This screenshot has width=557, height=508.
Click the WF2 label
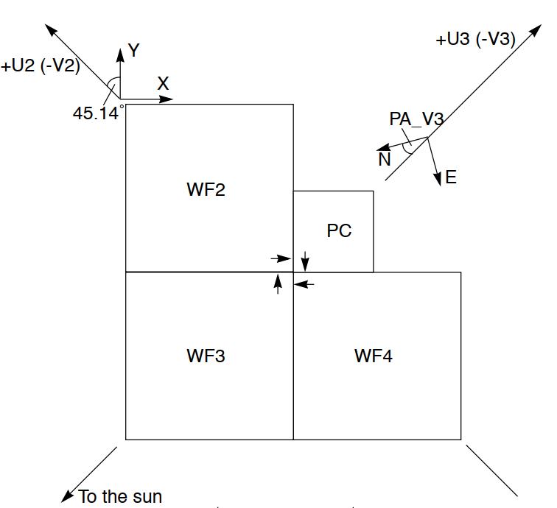point(206,190)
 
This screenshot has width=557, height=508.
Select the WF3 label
point(206,356)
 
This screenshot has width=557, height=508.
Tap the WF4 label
point(374,356)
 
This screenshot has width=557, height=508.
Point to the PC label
point(339,231)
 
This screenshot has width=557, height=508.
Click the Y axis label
point(133,51)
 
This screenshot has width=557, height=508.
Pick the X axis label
point(163,84)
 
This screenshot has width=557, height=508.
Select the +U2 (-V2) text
point(41,66)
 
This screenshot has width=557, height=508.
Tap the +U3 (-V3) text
point(476,39)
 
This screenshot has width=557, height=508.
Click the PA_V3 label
point(416,119)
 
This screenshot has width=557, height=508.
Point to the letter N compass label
point(385,159)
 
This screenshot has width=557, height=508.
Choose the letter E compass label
point(451,177)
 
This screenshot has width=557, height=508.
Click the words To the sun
point(120,497)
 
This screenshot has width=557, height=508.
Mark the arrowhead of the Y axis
point(119,51)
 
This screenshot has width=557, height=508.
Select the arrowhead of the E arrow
point(438,180)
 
